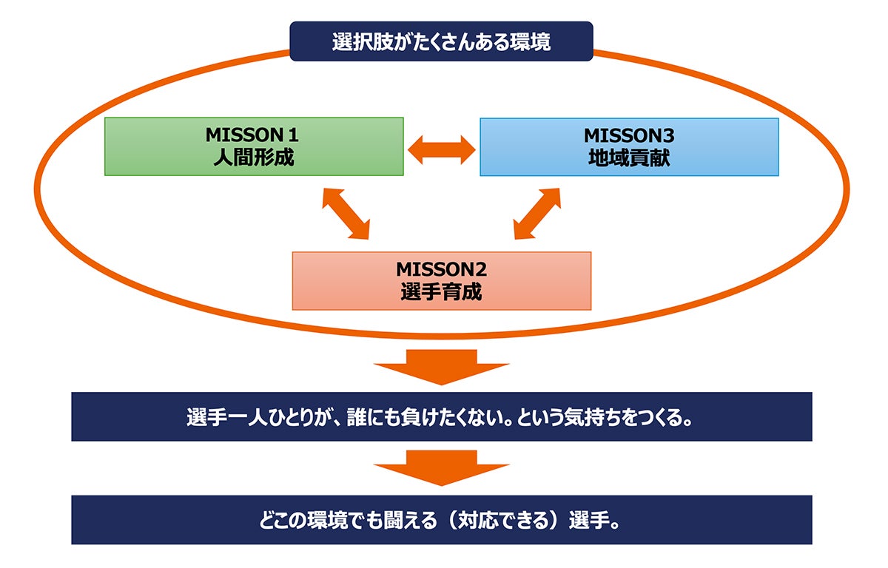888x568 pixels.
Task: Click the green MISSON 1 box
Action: pos(254,146)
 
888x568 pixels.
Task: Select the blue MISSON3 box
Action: pos(629,146)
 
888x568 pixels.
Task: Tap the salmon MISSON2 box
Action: pos(442,280)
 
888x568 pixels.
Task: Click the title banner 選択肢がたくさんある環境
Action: pos(441,41)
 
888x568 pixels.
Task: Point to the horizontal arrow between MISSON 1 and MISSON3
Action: pos(442,149)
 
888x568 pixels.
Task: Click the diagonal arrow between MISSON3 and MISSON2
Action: pos(537,213)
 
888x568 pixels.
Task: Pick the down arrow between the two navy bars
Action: pos(442,469)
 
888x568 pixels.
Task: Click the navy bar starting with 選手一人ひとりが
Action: pos(442,417)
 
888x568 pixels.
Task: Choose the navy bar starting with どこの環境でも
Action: pos(442,520)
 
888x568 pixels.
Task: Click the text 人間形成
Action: pos(254,158)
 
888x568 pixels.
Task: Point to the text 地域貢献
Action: pos(629,158)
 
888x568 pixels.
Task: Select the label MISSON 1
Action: pos(254,136)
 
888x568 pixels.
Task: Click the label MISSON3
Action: pos(629,136)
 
